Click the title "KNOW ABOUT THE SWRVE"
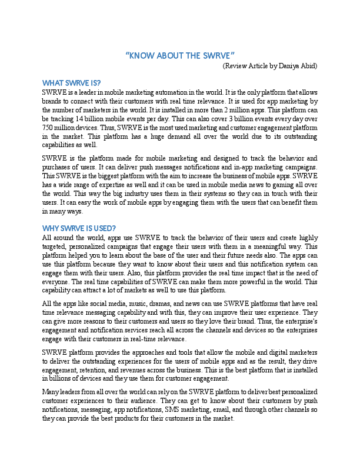[181, 56]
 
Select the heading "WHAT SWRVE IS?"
[71, 82]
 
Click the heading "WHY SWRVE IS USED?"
[79, 228]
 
